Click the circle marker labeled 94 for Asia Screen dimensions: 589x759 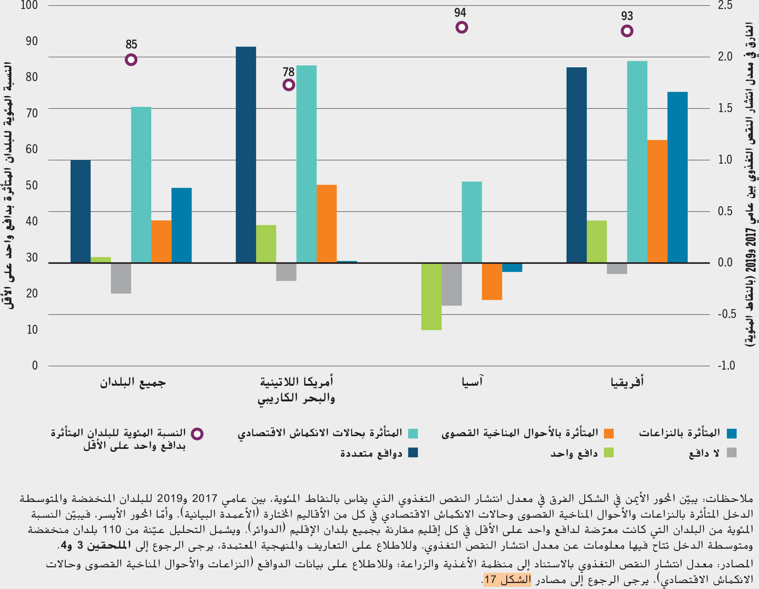(461, 27)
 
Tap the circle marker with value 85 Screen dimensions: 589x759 (131, 60)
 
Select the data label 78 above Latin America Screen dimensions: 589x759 (289, 72)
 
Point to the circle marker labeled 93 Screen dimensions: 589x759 (627, 31)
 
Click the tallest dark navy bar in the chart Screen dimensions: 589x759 (246, 154)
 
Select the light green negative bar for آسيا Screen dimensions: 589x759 (431, 296)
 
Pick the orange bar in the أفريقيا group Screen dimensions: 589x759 (657, 201)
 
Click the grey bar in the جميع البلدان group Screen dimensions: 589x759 (121, 278)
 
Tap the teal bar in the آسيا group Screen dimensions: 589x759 (472, 222)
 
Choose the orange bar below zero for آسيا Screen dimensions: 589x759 (492, 281)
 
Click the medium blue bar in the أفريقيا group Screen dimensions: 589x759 (677, 177)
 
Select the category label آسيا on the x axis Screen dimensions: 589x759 (472, 382)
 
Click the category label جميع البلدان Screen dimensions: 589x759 (133, 383)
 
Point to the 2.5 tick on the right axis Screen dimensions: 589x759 (725, 5)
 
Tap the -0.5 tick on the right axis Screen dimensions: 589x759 (727, 314)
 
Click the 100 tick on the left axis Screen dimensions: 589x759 (29, 5)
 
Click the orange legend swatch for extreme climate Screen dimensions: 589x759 (609, 434)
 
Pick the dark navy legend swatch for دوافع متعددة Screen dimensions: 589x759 (413, 453)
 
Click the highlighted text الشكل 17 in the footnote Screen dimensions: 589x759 (507, 580)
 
